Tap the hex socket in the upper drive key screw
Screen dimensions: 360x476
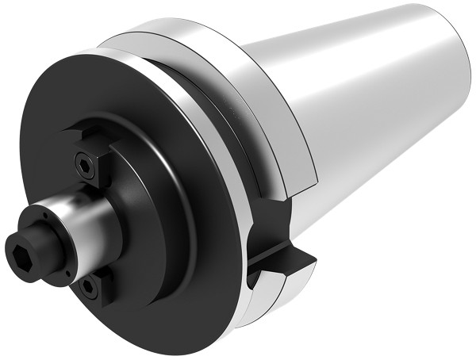tap(84, 164)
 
